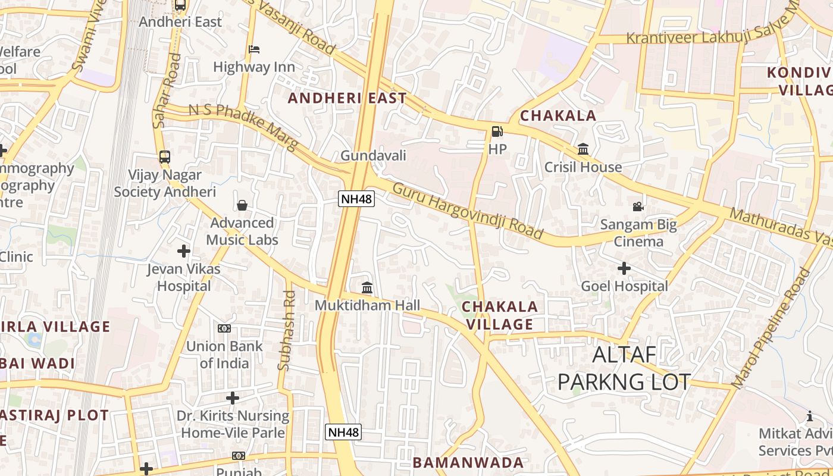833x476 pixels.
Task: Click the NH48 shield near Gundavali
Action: click(356, 199)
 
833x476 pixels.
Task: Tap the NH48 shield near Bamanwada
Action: click(344, 432)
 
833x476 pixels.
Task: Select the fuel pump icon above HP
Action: click(497, 131)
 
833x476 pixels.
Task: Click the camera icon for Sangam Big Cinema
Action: click(638, 206)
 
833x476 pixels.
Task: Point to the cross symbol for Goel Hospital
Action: click(624, 268)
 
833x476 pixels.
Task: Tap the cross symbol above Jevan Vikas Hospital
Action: click(184, 251)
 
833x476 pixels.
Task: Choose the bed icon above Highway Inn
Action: click(254, 49)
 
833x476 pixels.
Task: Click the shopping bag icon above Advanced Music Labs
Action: click(242, 205)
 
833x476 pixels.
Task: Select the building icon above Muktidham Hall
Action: click(367, 288)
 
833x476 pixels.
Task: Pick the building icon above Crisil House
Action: click(583, 149)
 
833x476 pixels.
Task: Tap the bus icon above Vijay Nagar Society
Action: click(165, 157)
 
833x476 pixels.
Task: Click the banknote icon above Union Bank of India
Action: click(224, 328)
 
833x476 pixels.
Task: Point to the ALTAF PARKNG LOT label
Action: click(624, 368)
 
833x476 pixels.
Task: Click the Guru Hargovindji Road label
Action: click(468, 211)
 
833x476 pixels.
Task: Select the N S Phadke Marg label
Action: click(243, 127)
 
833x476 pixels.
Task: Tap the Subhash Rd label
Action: click(286, 330)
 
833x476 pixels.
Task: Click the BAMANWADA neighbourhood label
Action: click(468, 462)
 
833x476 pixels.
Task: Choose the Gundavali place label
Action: click(373, 156)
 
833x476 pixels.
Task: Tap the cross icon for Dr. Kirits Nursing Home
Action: click(233, 397)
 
